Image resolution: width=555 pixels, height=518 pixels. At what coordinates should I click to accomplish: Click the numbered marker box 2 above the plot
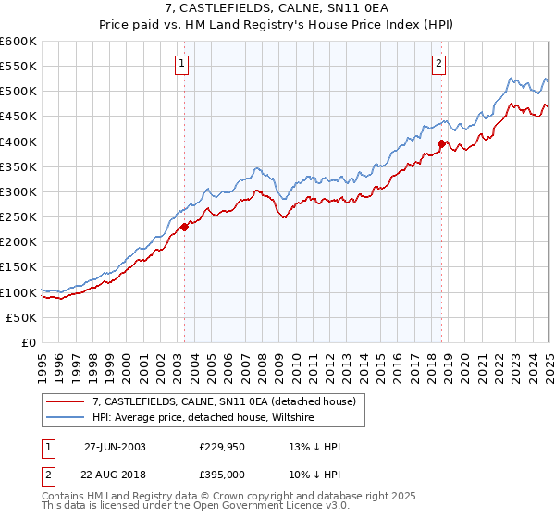(x=438, y=64)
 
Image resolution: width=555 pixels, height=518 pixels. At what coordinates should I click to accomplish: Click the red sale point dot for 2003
(x=184, y=226)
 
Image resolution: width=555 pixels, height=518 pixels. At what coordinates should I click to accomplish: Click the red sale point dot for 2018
(x=442, y=143)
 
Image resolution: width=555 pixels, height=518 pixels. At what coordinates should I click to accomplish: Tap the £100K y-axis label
(x=19, y=292)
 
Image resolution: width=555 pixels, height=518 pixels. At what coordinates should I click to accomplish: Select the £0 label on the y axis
(x=29, y=342)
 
